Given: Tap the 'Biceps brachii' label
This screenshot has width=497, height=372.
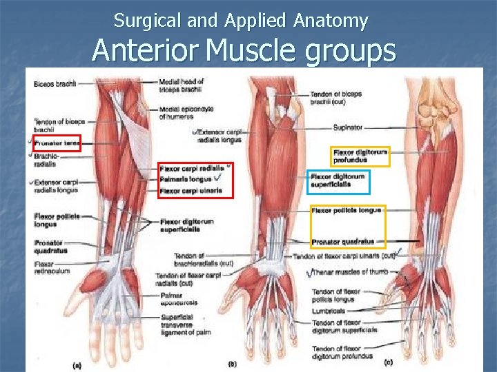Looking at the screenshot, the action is coord(54,84).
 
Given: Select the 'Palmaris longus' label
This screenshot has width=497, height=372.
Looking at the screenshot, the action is coord(185,179).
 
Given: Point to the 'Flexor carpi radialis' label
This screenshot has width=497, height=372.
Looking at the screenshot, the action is coord(192,168).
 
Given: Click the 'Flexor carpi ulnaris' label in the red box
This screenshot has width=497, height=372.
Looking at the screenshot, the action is coord(191,190).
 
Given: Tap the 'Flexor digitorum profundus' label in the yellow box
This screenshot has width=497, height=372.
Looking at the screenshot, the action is coord(360,156).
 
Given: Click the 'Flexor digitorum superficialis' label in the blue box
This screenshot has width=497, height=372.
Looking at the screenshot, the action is coord(339,180).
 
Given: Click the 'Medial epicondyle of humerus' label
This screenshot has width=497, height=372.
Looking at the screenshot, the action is coord(186,112).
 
